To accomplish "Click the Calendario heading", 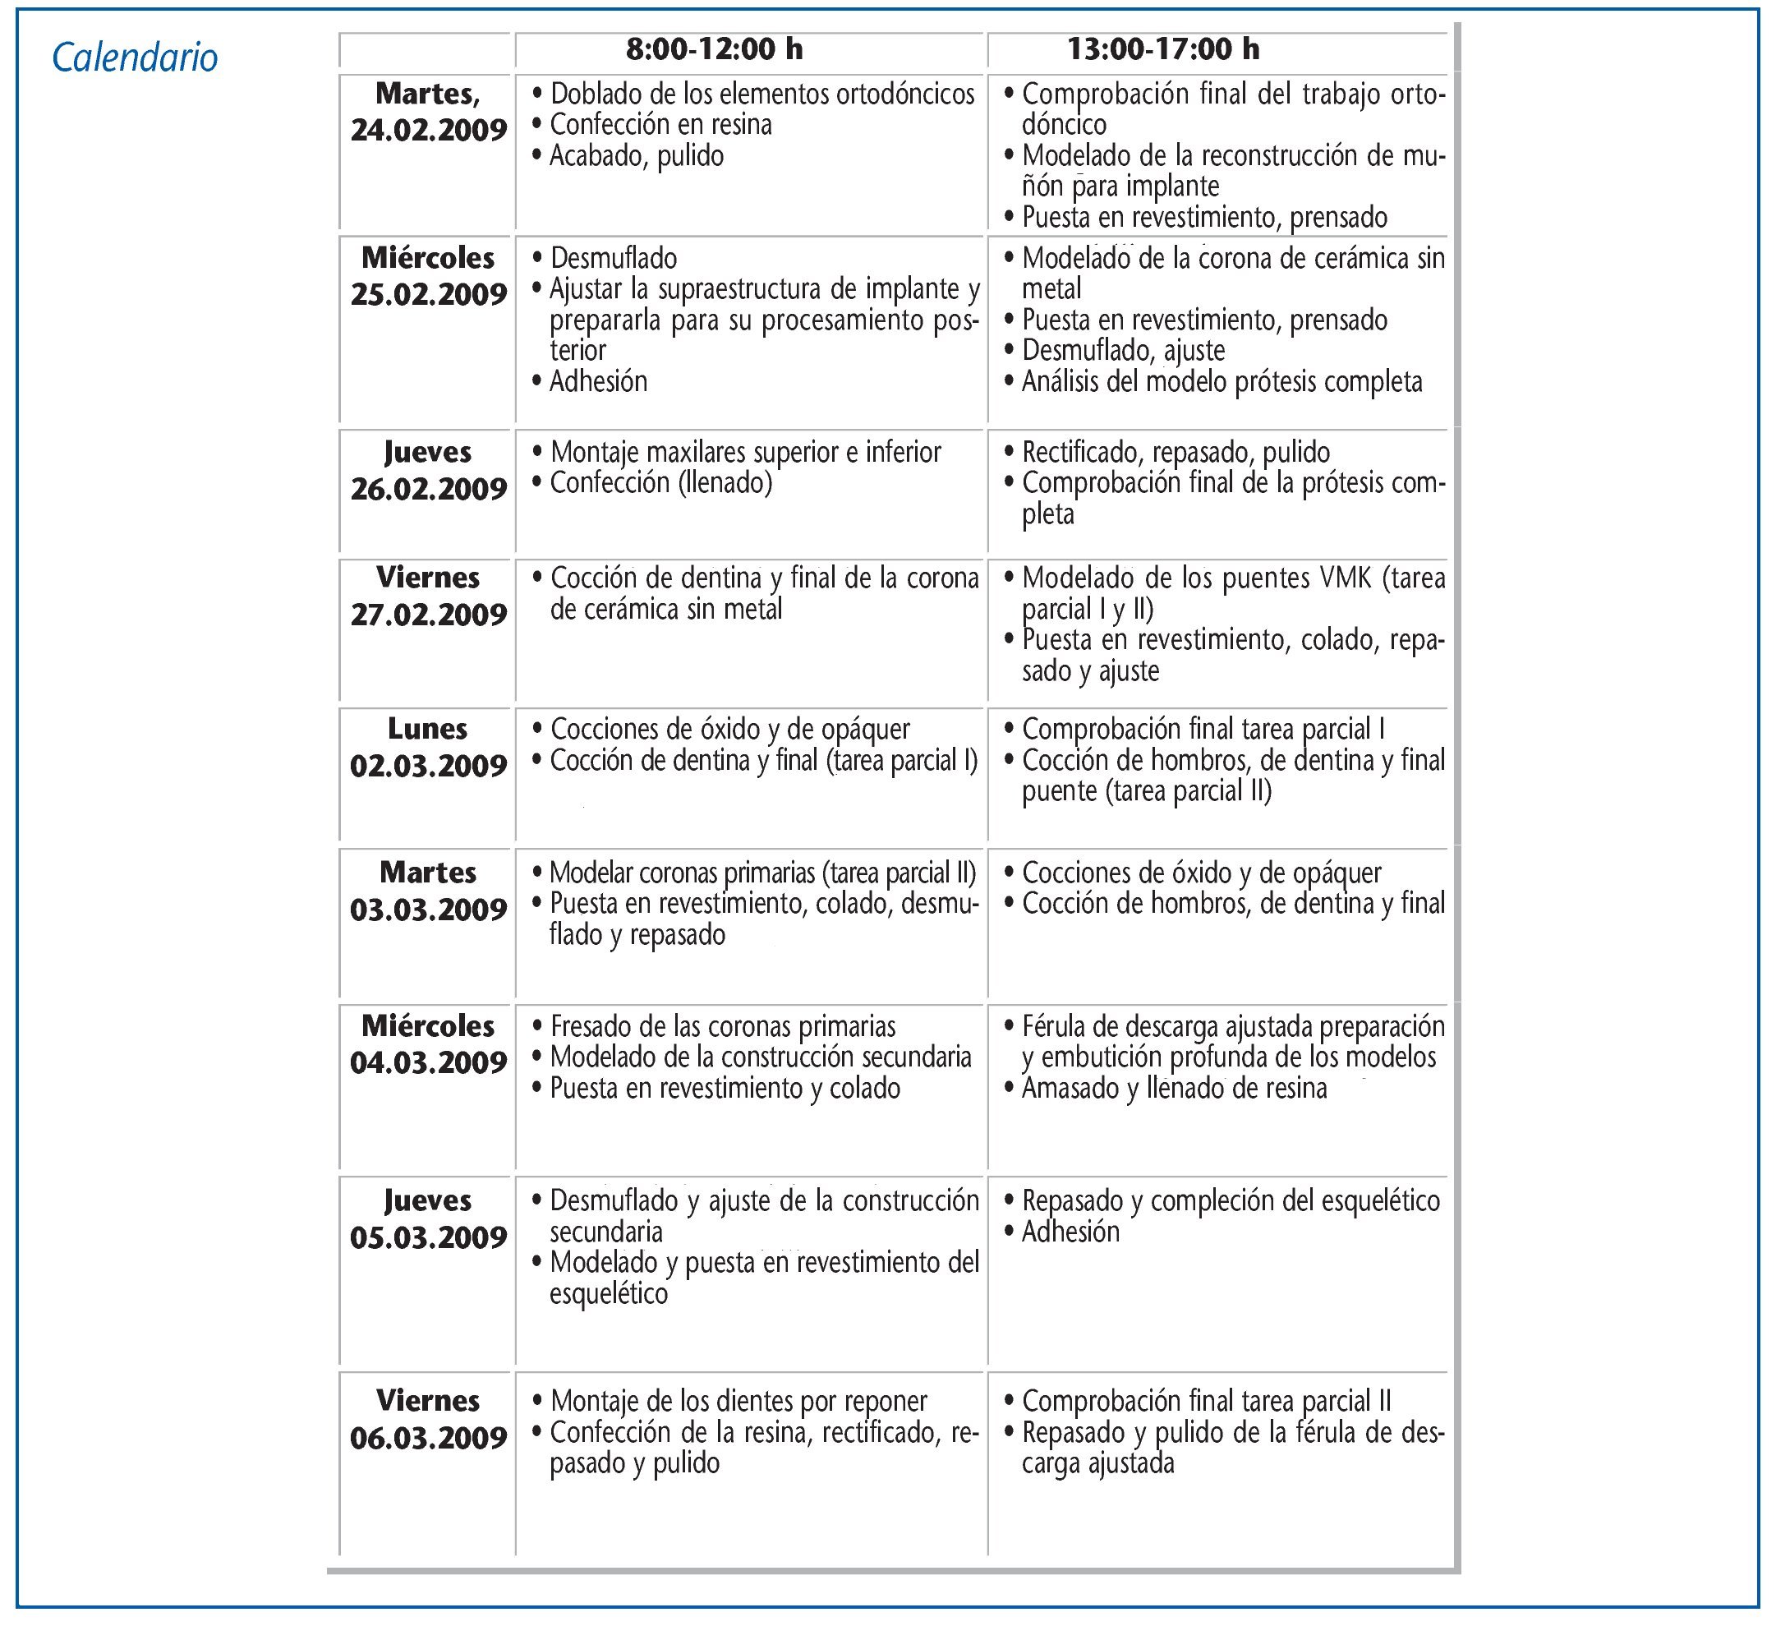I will [x=135, y=58].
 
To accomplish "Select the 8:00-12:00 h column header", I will [x=715, y=49].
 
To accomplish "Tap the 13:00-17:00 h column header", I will [x=1163, y=49].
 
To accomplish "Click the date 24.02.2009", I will [x=428, y=131].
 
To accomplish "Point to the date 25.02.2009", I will [x=428, y=294].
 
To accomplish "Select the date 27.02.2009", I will [x=428, y=615].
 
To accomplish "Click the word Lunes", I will [x=428, y=729].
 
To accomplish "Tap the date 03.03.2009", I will [x=428, y=910].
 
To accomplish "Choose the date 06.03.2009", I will [x=428, y=1439].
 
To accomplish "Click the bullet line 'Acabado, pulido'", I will [x=636, y=156].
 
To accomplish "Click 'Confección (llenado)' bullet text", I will [x=660, y=483].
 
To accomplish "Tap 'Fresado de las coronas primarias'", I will [x=722, y=1027].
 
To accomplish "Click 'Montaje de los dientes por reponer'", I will [x=738, y=1401].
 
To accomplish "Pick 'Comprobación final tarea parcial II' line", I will [x=1206, y=1401].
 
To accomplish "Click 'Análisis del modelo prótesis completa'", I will [x=1221, y=381].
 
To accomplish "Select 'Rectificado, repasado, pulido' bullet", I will [x=1176, y=452].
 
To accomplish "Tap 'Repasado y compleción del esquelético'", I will [x=1230, y=1200].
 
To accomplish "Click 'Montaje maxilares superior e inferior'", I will [x=745, y=452].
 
